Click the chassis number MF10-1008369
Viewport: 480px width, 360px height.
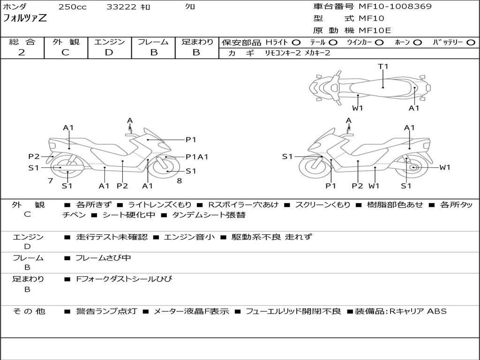pyautogui.click(x=395, y=6)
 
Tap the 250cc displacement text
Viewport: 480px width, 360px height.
pyautogui.click(x=73, y=7)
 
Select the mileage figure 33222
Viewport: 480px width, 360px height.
pyautogui.click(x=121, y=7)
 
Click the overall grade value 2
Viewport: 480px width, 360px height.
pyautogui.click(x=22, y=52)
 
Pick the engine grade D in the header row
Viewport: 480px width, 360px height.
pyautogui.click(x=109, y=52)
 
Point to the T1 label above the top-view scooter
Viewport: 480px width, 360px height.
pyautogui.click(x=383, y=66)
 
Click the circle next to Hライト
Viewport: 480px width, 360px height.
pyautogui.click(x=296, y=43)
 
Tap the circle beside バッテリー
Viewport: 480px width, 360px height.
pyautogui.click(x=471, y=43)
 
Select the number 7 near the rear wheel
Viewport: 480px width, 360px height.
pyautogui.click(x=51, y=180)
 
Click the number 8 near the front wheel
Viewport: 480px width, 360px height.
pyautogui.click(x=180, y=180)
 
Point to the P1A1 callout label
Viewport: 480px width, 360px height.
pyautogui.click(x=197, y=157)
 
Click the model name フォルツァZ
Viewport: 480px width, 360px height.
pyautogui.click(x=25, y=18)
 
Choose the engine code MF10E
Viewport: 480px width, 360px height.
pyautogui.click(x=375, y=30)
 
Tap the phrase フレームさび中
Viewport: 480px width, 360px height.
pyautogui.click(x=103, y=258)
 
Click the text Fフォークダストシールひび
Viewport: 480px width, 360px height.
pyautogui.click(x=124, y=279)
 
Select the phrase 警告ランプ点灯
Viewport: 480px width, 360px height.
pyautogui.click(x=106, y=311)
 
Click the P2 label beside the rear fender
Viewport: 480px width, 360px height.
pyautogui.click(x=34, y=157)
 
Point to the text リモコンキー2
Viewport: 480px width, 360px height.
pyautogui.click(x=283, y=53)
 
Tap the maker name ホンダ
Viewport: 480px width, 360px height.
pyautogui.click(x=15, y=7)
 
